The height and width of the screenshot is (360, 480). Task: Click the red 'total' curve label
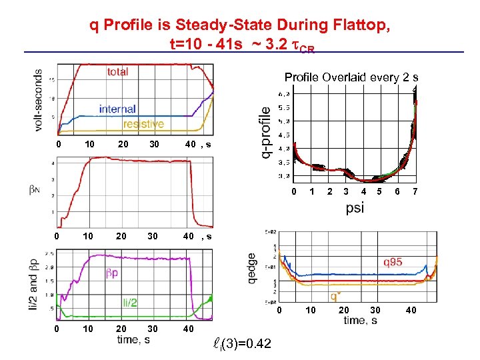tap(117, 71)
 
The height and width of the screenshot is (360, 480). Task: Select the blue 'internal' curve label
tap(117, 109)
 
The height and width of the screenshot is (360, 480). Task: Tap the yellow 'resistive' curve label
tap(143, 124)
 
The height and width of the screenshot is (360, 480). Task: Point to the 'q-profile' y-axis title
tap(265, 133)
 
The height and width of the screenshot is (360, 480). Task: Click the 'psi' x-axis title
tap(355, 209)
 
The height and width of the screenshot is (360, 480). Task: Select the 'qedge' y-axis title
tap(251, 269)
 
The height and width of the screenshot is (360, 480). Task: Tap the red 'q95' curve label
tap(392, 262)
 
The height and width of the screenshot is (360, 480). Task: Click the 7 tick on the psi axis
tap(415, 192)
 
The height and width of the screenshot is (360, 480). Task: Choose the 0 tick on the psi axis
tap(294, 192)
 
